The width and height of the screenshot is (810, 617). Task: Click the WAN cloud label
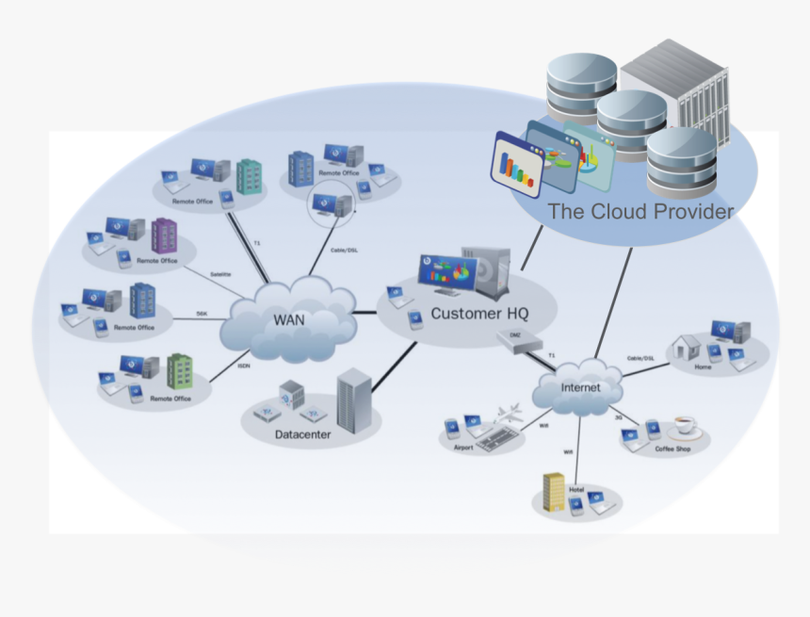point(289,318)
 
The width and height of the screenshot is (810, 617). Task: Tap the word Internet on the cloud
point(579,387)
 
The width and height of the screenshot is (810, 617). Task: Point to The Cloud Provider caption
point(640,212)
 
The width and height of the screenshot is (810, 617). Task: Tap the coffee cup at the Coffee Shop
point(684,426)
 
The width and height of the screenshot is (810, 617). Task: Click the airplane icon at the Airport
point(510,412)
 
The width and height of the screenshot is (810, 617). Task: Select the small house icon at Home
point(687,346)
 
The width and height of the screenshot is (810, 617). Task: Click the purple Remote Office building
point(164,235)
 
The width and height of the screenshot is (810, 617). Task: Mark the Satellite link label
point(220,274)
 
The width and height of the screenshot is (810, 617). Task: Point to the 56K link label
point(202,314)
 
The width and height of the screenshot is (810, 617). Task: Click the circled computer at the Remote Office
point(332,202)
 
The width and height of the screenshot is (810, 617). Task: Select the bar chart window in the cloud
point(517,166)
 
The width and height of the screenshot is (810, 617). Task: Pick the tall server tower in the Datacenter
point(353,399)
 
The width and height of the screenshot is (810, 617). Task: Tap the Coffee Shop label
point(672,449)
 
